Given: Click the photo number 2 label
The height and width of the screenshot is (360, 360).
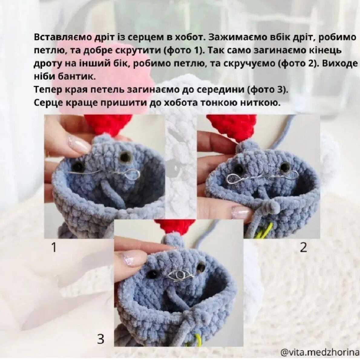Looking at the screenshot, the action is tap(303, 248).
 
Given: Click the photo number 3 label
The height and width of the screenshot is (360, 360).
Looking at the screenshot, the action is tap(100, 339).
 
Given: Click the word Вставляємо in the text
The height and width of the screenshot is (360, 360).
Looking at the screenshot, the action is tap(63, 37).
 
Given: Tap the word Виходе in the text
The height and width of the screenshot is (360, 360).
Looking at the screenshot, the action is tap(340, 63).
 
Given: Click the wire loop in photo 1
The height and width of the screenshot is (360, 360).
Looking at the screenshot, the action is tap(132, 175).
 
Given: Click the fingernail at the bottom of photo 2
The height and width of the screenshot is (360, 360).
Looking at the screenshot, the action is tap(241, 212).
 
